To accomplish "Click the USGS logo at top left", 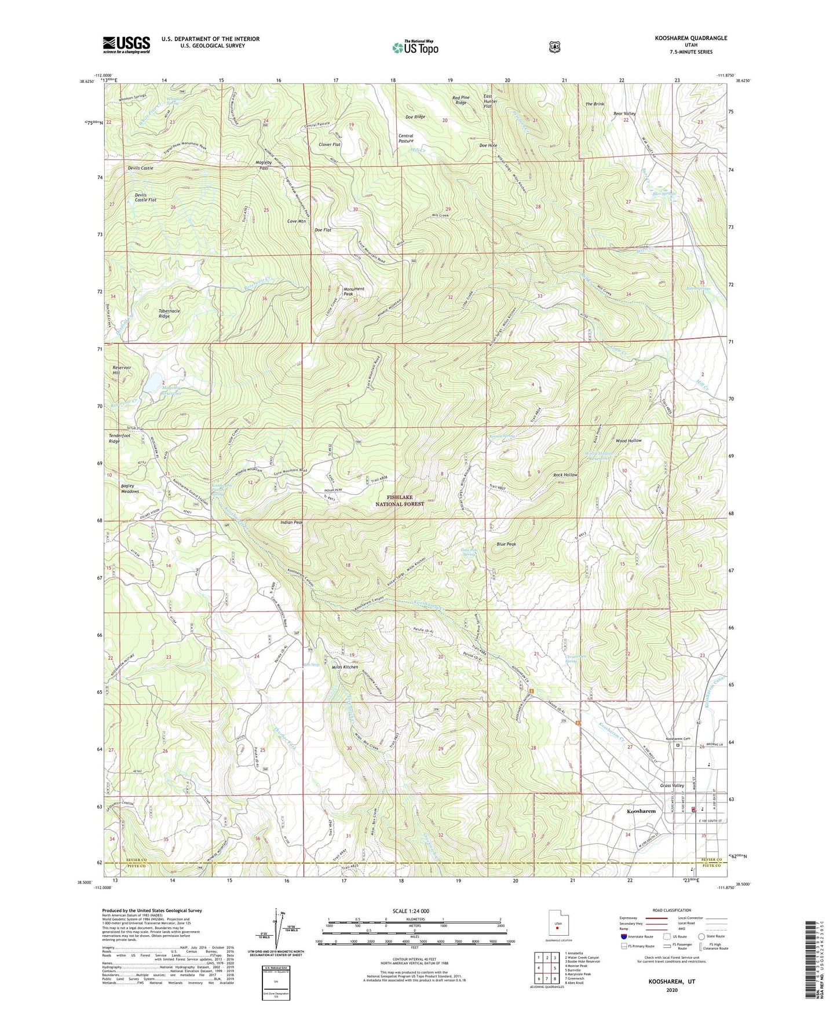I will (x=126, y=44).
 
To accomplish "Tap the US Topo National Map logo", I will (x=415, y=47).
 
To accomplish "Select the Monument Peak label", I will (x=353, y=291).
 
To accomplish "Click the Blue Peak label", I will (x=506, y=544).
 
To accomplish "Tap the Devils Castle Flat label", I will (x=145, y=197).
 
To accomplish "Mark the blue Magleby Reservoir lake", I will (x=153, y=382).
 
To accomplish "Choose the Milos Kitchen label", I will (x=345, y=667).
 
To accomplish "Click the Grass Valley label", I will (x=672, y=786).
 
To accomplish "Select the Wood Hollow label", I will (x=628, y=441).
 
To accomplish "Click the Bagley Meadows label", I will (x=130, y=489).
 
